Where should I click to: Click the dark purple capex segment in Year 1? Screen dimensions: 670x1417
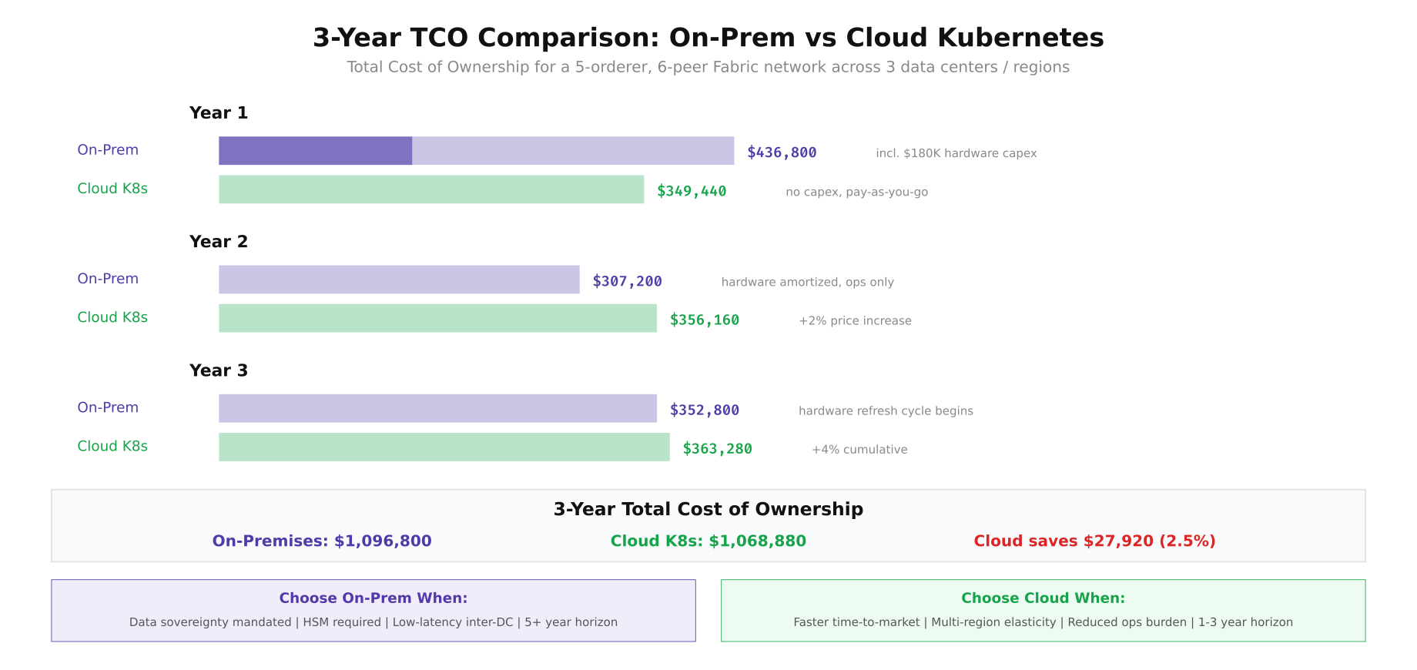click(315, 151)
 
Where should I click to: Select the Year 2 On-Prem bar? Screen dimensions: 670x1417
click(399, 280)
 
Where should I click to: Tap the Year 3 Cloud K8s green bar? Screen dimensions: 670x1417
click(444, 447)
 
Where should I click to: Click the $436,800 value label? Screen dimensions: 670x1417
click(782, 152)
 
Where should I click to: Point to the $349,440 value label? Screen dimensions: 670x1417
click(692, 191)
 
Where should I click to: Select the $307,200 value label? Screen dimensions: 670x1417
click(627, 281)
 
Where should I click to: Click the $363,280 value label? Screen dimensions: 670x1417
click(717, 448)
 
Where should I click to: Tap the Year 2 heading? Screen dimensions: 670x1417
click(219, 242)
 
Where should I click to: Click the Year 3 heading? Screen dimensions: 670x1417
click(219, 370)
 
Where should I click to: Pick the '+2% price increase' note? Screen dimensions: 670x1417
click(855, 320)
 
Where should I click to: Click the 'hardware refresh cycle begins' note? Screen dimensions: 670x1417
click(886, 410)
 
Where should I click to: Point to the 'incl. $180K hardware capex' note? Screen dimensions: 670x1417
click(956, 153)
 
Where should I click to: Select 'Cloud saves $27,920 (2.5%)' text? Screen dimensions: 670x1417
click(1094, 541)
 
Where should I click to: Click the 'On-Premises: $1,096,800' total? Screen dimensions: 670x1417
click(322, 541)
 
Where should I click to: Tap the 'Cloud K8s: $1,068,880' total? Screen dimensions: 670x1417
click(708, 541)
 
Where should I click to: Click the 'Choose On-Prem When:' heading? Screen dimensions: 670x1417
click(374, 598)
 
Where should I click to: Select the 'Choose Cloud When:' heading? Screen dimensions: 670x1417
click(1043, 598)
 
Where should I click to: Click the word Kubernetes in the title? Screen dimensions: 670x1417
click(974, 38)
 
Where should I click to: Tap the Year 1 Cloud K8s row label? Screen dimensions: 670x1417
click(112, 189)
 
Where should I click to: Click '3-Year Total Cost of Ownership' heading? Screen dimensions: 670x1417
click(708, 509)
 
